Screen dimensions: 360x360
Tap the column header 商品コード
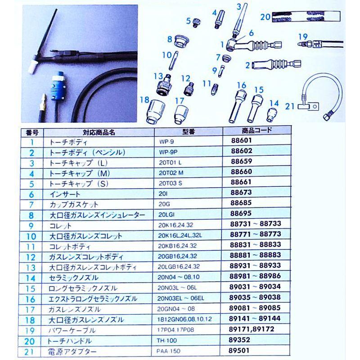pyautogui.click(x=254, y=130)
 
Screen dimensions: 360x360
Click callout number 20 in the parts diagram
pyautogui.click(x=265, y=17)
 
